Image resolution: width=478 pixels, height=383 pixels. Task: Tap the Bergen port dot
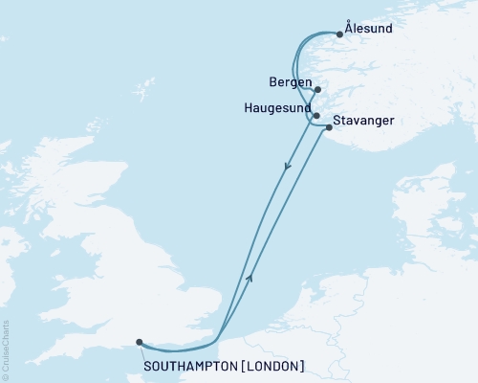(317, 91)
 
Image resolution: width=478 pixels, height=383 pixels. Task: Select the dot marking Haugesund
(316, 116)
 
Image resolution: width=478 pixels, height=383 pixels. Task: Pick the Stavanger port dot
(329, 126)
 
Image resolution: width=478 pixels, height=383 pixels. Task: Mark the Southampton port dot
(140, 342)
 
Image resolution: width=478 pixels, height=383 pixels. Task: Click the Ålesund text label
(368, 30)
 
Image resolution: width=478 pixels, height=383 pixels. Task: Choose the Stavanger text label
(366, 122)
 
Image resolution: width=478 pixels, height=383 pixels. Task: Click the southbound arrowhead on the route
(286, 169)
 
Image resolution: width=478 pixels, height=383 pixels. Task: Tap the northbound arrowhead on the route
(250, 277)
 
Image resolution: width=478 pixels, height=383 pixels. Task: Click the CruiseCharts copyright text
(6, 349)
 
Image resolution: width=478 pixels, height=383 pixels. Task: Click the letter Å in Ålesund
(350, 29)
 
